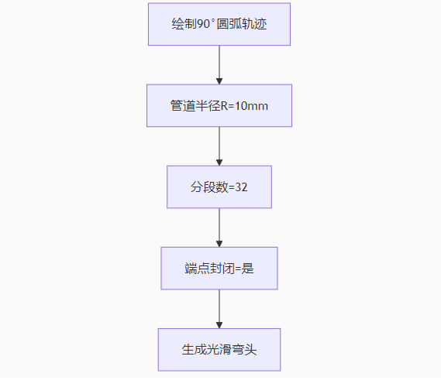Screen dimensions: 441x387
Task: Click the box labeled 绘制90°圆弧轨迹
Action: coord(219,24)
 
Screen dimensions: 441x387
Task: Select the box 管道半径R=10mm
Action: coord(219,105)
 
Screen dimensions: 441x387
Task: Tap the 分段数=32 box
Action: coord(219,187)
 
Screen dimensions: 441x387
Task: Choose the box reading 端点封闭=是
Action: coord(219,269)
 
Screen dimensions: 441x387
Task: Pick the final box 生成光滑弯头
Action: coord(219,350)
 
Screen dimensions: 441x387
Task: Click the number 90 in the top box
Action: coord(203,24)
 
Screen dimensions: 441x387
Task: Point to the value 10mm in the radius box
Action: coord(251,106)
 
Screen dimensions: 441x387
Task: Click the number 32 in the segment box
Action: coord(241,187)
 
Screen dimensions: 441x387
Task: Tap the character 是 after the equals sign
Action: coord(247,269)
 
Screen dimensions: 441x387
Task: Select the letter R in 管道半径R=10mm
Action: coord(224,106)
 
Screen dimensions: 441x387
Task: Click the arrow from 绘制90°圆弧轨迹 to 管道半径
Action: coord(219,65)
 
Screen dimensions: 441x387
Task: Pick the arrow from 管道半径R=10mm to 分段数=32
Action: coord(219,146)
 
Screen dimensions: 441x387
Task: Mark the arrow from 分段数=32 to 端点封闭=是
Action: coord(219,228)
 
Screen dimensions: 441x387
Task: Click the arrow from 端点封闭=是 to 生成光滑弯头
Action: coord(219,309)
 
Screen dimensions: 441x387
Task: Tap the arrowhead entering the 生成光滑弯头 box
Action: coord(219,325)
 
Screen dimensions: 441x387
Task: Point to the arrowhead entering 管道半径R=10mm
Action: coord(219,81)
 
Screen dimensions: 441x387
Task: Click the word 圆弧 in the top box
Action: coord(229,24)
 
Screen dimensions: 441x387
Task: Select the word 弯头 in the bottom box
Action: coord(244,350)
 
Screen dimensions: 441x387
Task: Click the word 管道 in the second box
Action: coord(183,106)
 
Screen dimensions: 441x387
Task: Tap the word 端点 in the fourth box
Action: coord(197,269)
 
